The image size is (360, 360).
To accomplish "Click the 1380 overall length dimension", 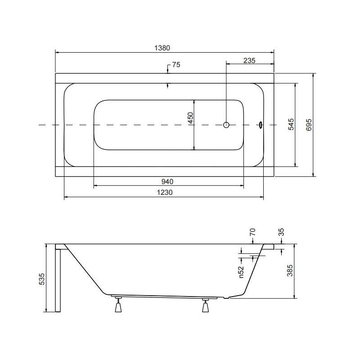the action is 162,48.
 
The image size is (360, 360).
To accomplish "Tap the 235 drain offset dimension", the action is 249,60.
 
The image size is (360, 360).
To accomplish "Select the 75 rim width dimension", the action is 176,65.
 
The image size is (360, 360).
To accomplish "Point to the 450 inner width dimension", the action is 191,118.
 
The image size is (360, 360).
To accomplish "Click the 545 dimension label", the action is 291,124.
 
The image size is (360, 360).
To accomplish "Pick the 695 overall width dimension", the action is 309,125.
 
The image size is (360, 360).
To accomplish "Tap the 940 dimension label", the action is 167,182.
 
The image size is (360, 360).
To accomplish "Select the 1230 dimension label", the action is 165,192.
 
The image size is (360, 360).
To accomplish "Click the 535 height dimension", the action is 42,279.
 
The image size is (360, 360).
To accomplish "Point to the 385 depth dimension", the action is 290,270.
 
